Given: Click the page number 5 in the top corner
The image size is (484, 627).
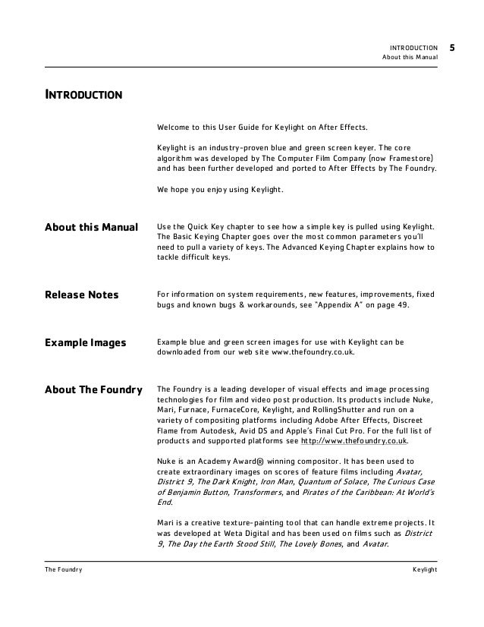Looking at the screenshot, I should click(x=452, y=47).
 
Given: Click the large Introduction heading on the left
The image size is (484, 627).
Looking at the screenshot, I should click(x=83, y=96).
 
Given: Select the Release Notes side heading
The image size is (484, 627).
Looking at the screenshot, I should click(x=82, y=295).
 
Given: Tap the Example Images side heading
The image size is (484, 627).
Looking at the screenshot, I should click(x=85, y=342).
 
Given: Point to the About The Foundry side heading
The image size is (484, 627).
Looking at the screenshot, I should click(x=93, y=390).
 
